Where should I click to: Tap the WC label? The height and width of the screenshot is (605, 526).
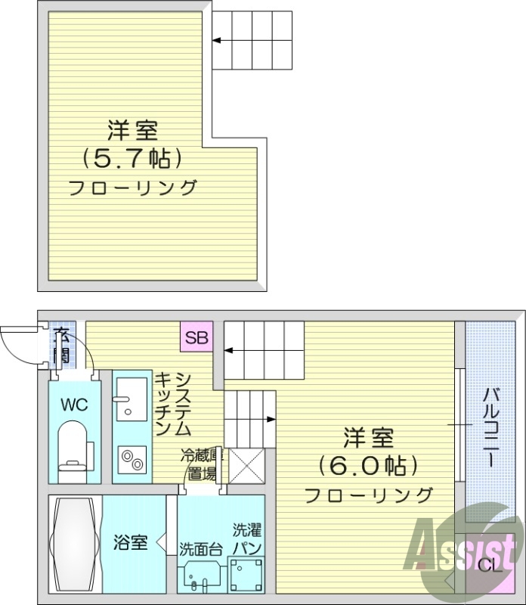[74, 405]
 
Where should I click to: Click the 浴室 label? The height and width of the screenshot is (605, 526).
[129, 542]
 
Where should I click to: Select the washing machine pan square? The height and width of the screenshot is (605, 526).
[246, 574]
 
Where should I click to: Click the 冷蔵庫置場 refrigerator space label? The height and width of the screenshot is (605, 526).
[200, 466]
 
